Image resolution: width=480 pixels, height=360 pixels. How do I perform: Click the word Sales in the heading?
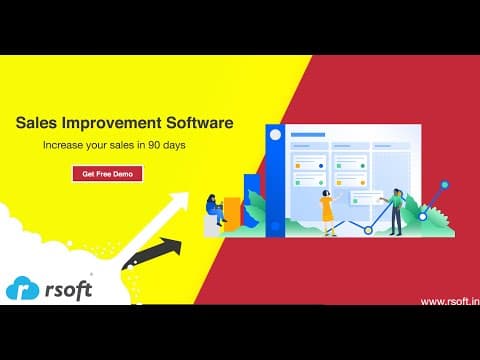(x=36, y=123)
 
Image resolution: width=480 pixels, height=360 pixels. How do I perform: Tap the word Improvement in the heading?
(x=111, y=123)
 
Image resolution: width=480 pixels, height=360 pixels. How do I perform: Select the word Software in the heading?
(x=200, y=123)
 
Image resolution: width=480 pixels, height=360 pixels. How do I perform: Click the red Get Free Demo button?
(x=108, y=174)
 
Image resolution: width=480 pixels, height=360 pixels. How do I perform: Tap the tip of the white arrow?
(x=188, y=193)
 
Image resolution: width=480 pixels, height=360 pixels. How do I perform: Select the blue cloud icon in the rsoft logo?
(x=23, y=288)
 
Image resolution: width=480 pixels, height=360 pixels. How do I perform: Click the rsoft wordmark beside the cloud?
(x=69, y=290)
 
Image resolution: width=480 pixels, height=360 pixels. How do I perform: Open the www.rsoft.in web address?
(x=450, y=301)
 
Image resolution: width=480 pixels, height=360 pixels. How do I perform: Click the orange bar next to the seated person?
(x=232, y=214)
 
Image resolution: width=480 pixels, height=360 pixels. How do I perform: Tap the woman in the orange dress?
(x=327, y=213)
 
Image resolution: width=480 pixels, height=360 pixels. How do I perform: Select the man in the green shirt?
(x=396, y=212)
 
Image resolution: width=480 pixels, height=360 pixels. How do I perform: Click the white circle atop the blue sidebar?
(x=275, y=135)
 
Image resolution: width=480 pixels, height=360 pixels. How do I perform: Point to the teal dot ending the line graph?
(x=445, y=185)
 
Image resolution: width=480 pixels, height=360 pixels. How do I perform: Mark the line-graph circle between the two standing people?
(x=368, y=230)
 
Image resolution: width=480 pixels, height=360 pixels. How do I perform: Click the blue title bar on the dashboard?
(x=308, y=135)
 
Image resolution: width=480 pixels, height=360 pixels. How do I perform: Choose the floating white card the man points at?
(x=366, y=198)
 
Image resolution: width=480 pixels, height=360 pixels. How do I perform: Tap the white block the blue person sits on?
(x=211, y=226)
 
